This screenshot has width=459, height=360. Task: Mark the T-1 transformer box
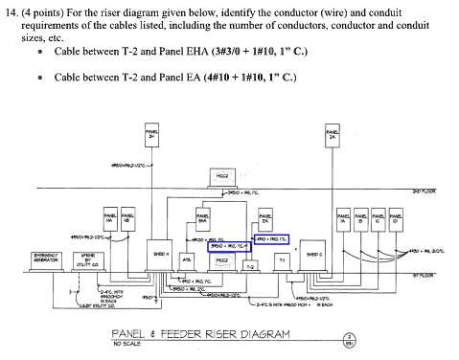coord(282,259)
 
